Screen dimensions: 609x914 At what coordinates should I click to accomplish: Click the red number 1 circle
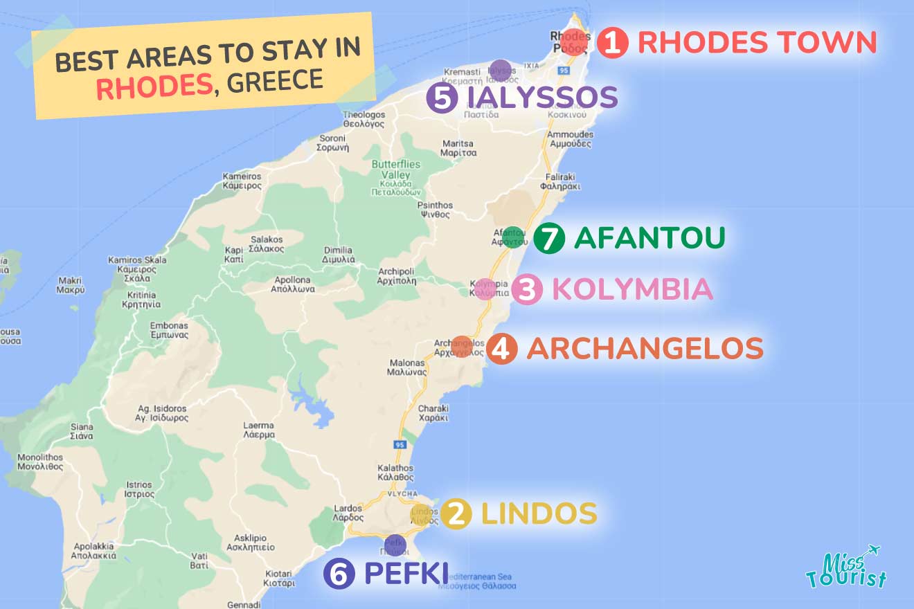612,43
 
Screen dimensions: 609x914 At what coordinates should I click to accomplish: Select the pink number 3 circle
526,291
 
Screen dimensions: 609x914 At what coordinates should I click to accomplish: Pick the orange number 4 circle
501,349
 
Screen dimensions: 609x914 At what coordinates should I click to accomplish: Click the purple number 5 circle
441,98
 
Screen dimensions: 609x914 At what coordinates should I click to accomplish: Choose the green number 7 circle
548,239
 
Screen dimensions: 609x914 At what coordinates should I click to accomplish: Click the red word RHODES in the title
154,87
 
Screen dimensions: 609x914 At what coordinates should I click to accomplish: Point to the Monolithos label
40,462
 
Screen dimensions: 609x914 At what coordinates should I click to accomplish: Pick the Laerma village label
258,430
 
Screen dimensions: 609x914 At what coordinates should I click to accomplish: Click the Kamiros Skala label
136,269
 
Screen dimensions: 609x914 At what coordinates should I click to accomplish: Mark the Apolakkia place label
93,551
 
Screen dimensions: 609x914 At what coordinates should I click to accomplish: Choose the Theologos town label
364,120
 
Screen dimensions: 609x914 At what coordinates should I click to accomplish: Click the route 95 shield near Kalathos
398,444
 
